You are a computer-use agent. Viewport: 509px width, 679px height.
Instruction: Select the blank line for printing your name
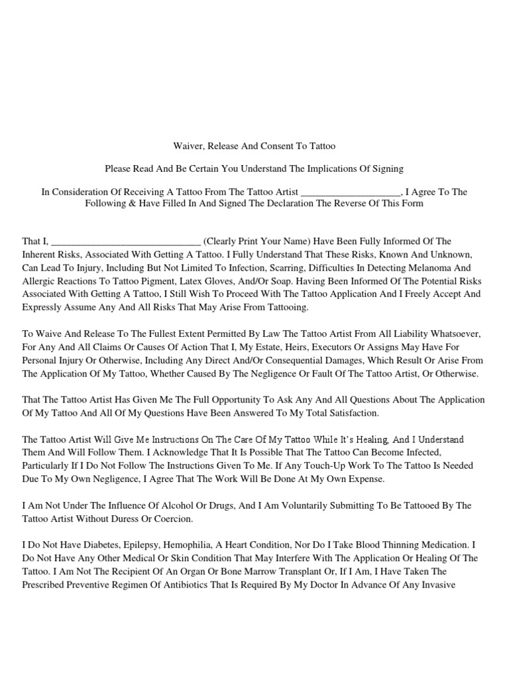point(125,242)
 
